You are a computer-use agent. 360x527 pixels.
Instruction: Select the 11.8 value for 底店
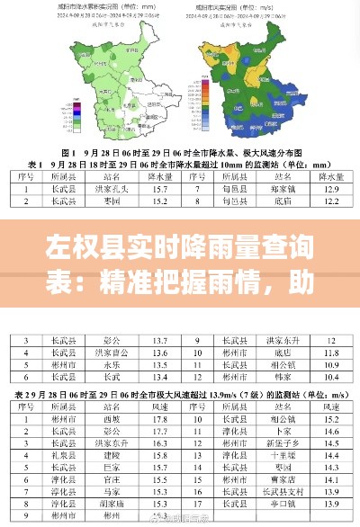click(330, 353)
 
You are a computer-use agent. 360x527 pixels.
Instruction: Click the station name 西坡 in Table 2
click(111, 418)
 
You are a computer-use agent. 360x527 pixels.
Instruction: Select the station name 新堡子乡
click(279, 443)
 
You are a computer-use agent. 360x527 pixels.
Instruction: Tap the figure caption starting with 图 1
click(180, 151)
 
